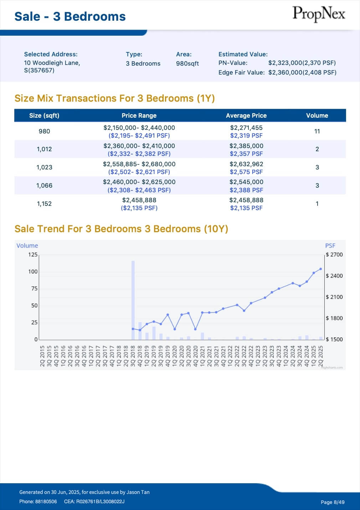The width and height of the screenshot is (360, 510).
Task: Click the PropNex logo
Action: (x=319, y=14)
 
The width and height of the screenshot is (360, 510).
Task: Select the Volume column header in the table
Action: (x=317, y=116)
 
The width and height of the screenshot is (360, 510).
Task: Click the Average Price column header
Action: (x=246, y=116)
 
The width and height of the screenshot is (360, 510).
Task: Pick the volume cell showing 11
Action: (x=317, y=131)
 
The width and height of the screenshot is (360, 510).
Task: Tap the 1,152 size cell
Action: (x=44, y=204)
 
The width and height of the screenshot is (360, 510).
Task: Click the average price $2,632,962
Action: (x=246, y=164)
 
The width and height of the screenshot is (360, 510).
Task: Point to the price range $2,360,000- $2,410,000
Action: (x=139, y=146)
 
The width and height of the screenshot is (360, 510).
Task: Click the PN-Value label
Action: (x=233, y=63)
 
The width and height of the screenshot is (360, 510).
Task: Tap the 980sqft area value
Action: (x=187, y=63)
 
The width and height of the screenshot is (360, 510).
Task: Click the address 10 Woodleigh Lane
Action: (x=52, y=63)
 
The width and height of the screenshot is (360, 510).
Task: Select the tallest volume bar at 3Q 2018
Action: (x=133, y=300)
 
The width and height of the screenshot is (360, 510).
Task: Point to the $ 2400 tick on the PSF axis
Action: (x=334, y=276)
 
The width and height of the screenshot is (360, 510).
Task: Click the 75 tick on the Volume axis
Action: (x=34, y=289)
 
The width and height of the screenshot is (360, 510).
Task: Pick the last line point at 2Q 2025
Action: (x=320, y=269)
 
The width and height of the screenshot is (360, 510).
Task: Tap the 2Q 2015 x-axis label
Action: (x=42, y=356)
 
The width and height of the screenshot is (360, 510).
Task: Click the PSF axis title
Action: (x=330, y=246)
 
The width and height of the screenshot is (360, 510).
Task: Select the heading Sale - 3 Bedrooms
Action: (x=70, y=16)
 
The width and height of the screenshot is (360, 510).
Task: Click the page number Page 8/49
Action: (x=332, y=502)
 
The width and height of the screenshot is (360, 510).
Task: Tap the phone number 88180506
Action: (x=46, y=501)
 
